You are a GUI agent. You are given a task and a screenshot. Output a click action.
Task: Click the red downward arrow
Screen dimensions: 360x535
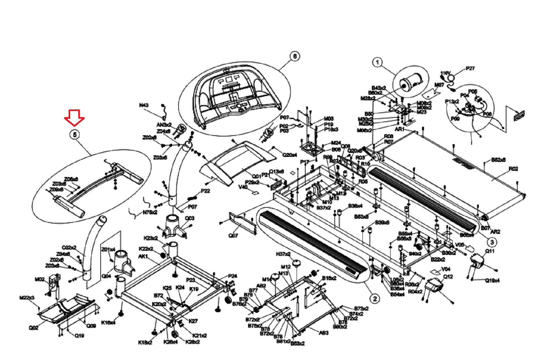[x=74, y=117]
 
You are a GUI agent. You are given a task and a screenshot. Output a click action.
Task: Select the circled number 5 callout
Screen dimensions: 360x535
[x=75, y=134]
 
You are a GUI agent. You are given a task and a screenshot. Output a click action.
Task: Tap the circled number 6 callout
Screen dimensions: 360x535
[x=295, y=56]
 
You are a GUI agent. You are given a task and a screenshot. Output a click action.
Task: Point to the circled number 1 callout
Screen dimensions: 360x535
[x=378, y=62]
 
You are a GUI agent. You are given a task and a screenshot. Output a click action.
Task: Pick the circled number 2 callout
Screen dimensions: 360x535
[x=375, y=298]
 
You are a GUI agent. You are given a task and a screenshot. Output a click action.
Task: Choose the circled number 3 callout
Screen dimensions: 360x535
[x=492, y=242]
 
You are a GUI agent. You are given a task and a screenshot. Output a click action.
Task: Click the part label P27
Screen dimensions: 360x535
[x=470, y=68]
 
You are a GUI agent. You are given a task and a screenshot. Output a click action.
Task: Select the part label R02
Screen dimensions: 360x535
[x=513, y=169]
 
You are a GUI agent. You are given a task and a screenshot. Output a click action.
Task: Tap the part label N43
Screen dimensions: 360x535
[x=144, y=105]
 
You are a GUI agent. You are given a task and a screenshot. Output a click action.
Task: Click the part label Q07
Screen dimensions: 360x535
[x=233, y=236]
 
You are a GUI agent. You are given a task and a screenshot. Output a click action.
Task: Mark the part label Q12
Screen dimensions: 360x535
[x=448, y=277]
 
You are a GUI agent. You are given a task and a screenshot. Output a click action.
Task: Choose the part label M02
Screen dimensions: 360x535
[x=39, y=279]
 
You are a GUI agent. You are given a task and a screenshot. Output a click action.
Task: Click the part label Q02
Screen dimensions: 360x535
[x=33, y=328]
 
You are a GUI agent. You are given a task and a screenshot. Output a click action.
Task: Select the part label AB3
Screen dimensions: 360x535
[x=324, y=333]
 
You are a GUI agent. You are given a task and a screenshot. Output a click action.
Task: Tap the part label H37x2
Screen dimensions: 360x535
[x=283, y=254]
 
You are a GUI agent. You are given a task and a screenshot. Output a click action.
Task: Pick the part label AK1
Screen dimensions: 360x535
[x=143, y=256]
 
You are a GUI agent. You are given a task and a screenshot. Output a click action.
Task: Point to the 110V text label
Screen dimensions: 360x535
[x=445, y=73]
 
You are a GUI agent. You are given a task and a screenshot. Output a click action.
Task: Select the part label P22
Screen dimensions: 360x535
[x=205, y=191]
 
